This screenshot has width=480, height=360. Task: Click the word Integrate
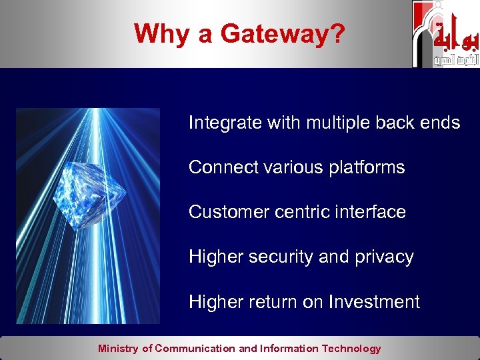[225, 123]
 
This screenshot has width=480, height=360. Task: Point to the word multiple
[337, 123]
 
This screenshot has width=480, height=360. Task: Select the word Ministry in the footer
[118, 348]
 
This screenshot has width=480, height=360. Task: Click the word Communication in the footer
[195, 348]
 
